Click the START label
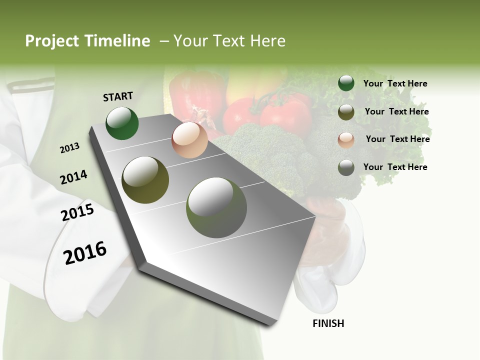[x=118, y=96]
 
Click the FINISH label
[x=328, y=323]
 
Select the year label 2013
[x=69, y=148]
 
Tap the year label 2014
[x=73, y=177]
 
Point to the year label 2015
[x=77, y=212]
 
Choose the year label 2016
[x=85, y=252]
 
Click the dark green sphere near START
[x=122, y=123]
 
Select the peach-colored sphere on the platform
[x=189, y=140]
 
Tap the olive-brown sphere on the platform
[x=145, y=180]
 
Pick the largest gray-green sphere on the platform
[x=216, y=207]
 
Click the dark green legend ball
[x=346, y=83]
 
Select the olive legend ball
[x=346, y=111]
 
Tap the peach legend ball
[x=346, y=139]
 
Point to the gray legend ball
[x=346, y=167]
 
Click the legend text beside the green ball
[x=395, y=83]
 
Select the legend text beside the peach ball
[x=397, y=139]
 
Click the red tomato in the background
[x=286, y=114]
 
